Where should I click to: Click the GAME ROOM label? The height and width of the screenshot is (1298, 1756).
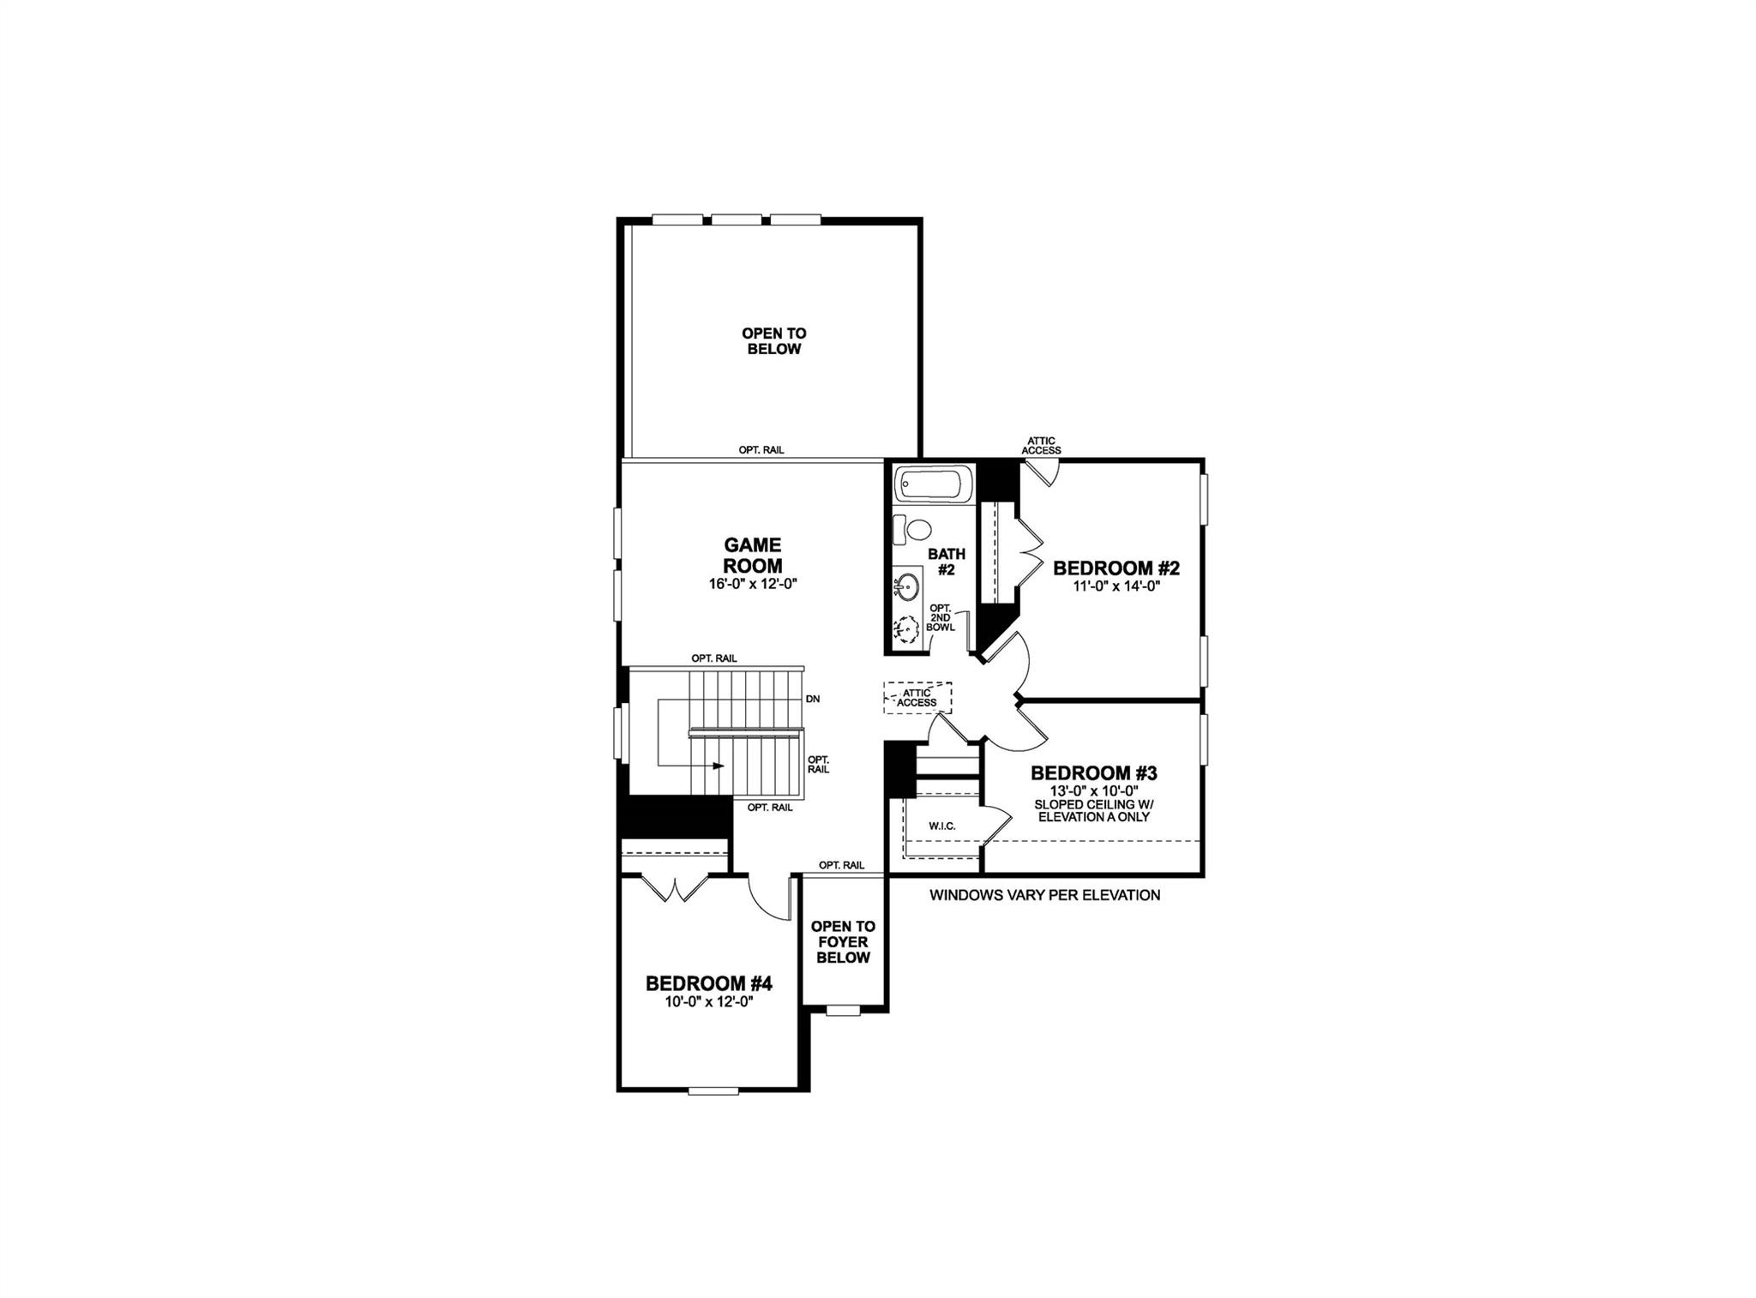pos(752,556)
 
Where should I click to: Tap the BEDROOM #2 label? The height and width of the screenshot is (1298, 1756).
pos(1116,568)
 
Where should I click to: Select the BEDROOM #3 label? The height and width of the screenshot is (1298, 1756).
pos(1093,773)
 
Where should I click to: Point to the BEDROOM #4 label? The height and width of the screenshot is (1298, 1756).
pos(709,983)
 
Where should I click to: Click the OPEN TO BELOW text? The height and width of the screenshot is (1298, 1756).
pos(773,341)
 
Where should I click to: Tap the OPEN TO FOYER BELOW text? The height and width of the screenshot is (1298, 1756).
pos(843,941)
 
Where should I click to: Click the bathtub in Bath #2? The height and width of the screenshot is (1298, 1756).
pos(933,486)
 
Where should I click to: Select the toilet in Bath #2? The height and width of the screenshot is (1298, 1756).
pos(917,530)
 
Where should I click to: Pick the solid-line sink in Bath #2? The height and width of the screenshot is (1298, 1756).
pos(906,588)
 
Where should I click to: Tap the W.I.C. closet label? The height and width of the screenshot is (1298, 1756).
pos(941,826)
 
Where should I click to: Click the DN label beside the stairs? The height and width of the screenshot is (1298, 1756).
pos(813,699)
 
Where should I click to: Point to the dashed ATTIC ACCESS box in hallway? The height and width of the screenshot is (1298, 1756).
pos(917,698)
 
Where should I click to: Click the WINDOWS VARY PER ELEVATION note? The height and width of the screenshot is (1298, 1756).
pos(1044,895)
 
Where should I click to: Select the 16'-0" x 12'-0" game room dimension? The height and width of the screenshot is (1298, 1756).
pos(752,584)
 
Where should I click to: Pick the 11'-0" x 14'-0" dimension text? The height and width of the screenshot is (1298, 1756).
pos(1116,586)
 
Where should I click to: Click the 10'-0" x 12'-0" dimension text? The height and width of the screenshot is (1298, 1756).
pos(709,1001)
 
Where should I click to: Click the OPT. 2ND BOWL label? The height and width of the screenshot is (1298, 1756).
pos(940,618)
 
